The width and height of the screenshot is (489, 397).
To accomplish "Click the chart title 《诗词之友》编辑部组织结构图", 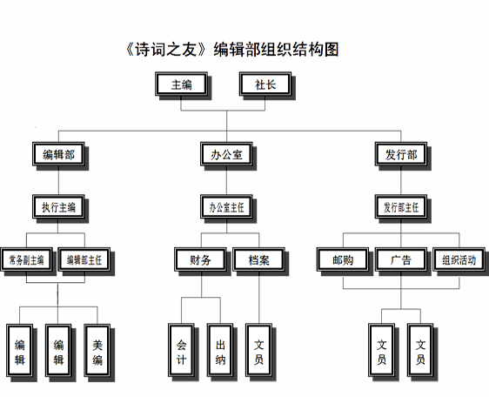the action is point(231,50).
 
